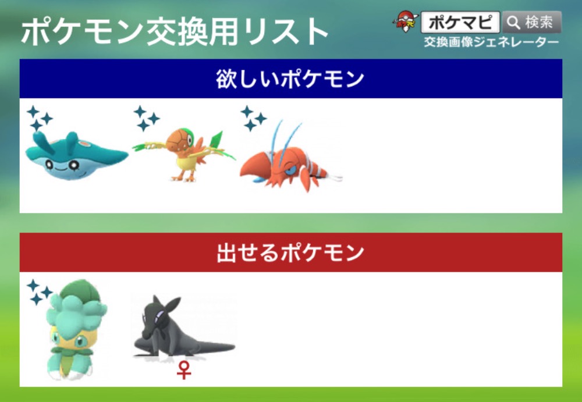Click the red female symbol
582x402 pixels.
click(x=184, y=371)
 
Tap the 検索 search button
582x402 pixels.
click(x=532, y=22)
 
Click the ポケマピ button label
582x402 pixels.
click(x=460, y=23)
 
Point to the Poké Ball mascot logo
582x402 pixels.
click(x=406, y=22)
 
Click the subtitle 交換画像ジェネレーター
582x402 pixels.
click(x=491, y=42)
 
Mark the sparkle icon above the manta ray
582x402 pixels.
click(x=40, y=119)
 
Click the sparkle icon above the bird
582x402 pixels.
click(x=146, y=119)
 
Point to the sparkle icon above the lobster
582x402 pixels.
click(x=253, y=119)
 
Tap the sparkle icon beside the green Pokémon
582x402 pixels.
click(x=40, y=292)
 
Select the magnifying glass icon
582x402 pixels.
click(x=514, y=23)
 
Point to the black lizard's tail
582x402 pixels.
click(x=215, y=347)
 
